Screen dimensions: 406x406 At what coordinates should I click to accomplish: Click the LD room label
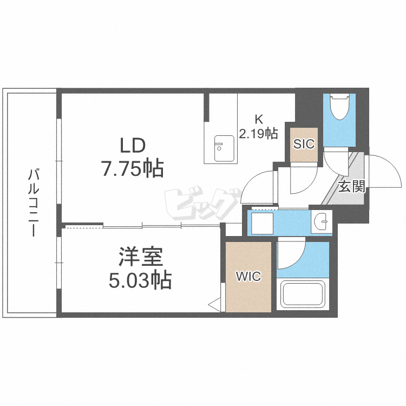click(132, 146)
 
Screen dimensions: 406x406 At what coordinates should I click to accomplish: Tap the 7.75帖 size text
click(132, 169)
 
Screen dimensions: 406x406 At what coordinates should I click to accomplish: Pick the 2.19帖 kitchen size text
click(259, 133)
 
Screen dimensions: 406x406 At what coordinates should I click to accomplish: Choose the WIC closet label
click(248, 277)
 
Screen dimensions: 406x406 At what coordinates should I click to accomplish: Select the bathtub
click(302, 295)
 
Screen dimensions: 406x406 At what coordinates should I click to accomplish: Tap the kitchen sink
click(222, 148)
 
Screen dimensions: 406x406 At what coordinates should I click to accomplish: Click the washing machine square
click(263, 223)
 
